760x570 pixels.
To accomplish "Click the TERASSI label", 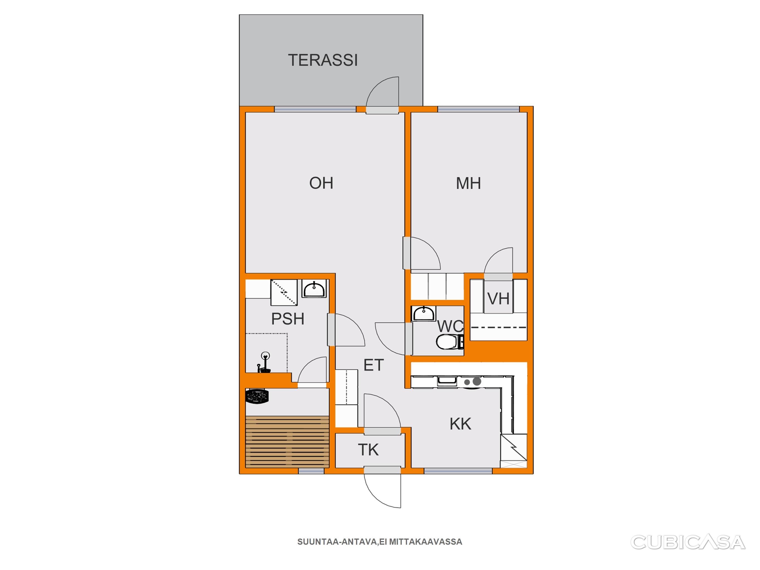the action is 323,60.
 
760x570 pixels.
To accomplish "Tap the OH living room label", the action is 321,183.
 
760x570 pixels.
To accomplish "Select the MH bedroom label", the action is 468,183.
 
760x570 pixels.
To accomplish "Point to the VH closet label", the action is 498,299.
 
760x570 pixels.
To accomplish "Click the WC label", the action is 450,326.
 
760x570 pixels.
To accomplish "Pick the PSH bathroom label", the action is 288,319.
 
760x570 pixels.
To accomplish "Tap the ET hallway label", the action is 374,365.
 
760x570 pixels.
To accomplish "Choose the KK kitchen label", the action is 460,424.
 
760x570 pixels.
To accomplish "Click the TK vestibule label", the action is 368,450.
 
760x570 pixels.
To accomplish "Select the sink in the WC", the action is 423,314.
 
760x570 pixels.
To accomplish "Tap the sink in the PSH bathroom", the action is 314,289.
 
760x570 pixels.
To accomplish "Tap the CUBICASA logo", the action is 688,542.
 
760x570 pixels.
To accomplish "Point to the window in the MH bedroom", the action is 478,110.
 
